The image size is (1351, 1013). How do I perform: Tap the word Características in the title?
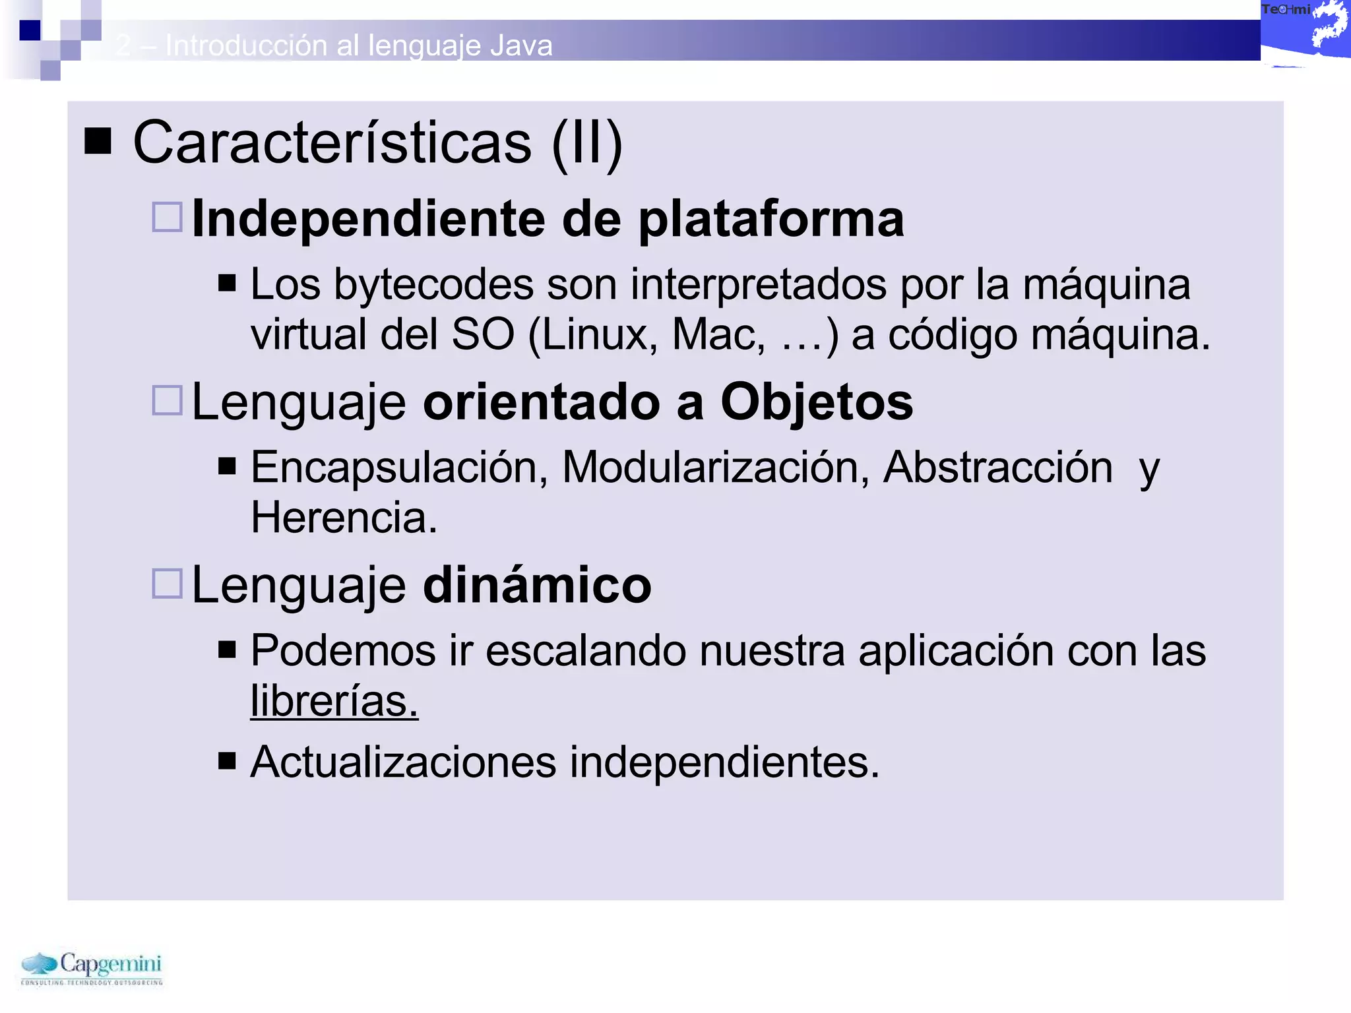pyautogui.click(x=332, y=143)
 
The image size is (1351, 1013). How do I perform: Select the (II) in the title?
pyautogui.click(x=587, y=143)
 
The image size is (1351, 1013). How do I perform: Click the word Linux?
pyautogui.click(x=598, y=335)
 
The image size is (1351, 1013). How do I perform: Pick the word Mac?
pyautogui.click(x=718, y=335)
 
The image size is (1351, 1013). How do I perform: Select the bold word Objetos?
pyautogui.click(x=817, y=402)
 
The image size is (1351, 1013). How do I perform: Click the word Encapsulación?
pyautogui.click(x=399, y=468)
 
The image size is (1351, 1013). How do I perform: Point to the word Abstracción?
pyautogui.click(x=997, y=468)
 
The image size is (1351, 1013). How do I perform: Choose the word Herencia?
pyautogui.click(x=344, y=518)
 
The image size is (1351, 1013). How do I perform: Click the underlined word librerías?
pyautogui.click(x=334, y=701)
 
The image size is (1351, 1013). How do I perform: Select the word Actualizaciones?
pyautogui.click(x=403, y=762)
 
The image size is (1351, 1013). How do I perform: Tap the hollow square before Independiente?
pyautogui.click(x=168, y=217)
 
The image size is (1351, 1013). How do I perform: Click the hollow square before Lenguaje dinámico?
pyautogui.click(x=168, y=584)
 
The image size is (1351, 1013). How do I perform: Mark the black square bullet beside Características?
pyautogui.click(x=98, y=141)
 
